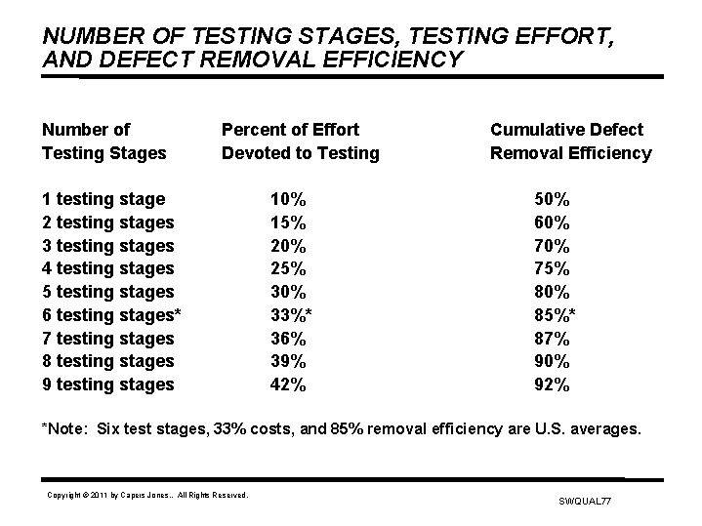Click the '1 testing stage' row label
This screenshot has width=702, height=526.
(103, 199)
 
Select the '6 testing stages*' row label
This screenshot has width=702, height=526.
(111, 315)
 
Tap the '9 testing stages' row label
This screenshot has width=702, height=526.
(107, 384)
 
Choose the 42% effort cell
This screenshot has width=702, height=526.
(288, 384)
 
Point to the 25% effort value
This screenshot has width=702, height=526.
(288, 268)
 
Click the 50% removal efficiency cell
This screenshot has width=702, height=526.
(553, 199)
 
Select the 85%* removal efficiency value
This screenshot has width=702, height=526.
(557, 315)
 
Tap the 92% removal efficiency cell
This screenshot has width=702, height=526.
(553, 384)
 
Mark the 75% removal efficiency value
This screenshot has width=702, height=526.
(553, 268)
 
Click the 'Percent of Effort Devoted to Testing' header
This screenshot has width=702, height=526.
(300, 142)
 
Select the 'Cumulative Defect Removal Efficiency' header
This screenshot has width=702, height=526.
(570, 142)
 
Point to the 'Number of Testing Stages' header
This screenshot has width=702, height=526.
(104, 142)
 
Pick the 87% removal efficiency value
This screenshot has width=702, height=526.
(553, 339)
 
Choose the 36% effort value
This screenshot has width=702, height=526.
(288, 339)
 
